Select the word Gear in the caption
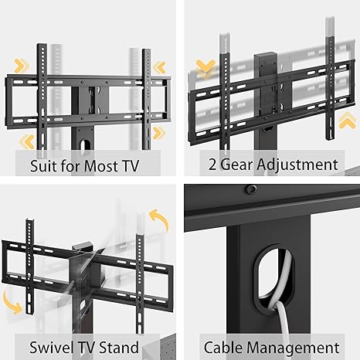(x=236, y=165)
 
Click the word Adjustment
(x=297, y=165)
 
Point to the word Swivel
(x=52, y=348)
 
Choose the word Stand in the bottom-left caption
(x=119, y=348)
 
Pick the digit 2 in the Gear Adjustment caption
(x=212, y=165)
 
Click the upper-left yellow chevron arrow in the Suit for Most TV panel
(x=22, y=66)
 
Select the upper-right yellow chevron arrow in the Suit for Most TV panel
(x=160, y=68)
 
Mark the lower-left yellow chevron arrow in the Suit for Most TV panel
(x=27, y=141)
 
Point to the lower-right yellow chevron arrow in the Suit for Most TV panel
(x=158, y=133)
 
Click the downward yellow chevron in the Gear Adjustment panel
(x=205, y=68)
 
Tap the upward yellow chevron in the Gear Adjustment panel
(x=348, y=121)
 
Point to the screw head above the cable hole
(x=251, y=189)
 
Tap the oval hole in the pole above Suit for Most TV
(x=84, y=144)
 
